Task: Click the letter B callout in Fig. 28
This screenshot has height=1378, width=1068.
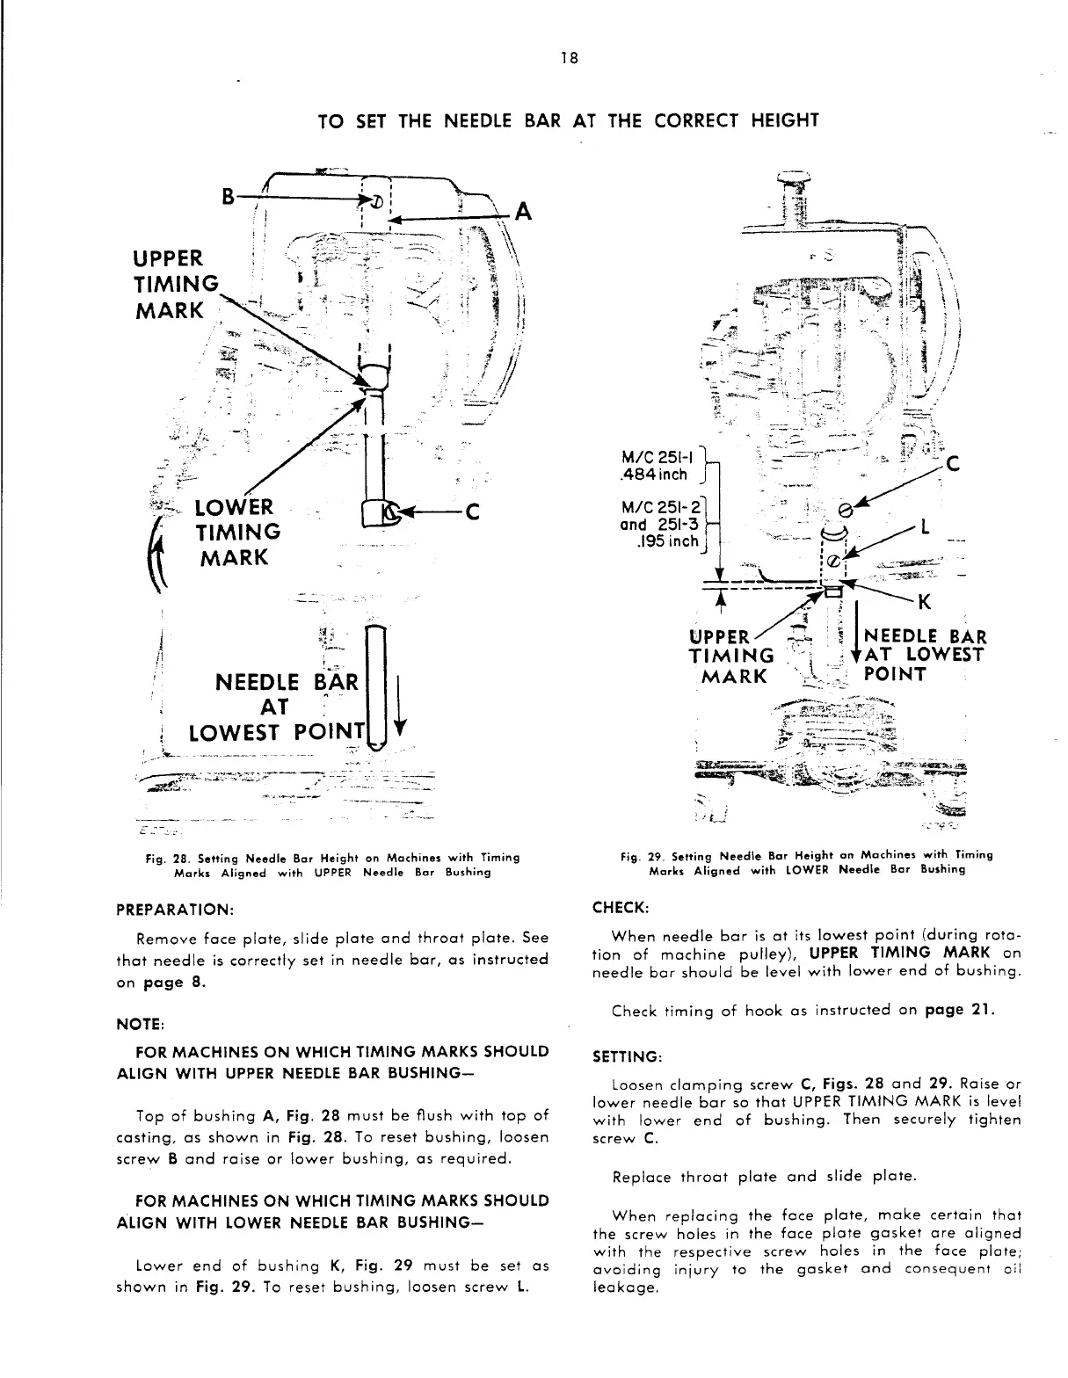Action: click(229, 197)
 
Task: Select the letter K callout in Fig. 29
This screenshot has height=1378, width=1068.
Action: click(924, 602)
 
